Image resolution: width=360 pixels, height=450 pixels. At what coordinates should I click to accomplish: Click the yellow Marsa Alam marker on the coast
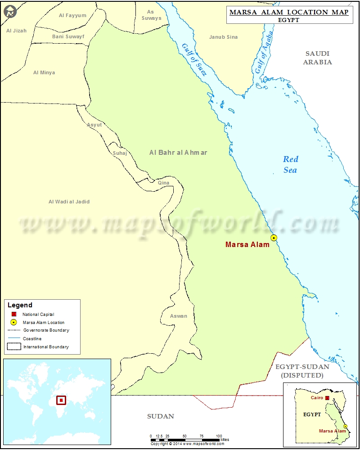coord(274,238)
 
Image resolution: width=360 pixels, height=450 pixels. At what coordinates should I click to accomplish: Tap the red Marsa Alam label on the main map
coord(247,245)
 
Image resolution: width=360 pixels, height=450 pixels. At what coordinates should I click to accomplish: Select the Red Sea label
coord(290,164)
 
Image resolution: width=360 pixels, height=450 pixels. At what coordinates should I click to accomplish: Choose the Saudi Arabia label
coord(317,58)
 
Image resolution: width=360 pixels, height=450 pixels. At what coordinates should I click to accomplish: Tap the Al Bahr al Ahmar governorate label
coord(178,153)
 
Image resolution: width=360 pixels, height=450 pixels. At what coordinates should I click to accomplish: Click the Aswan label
coord(178,316)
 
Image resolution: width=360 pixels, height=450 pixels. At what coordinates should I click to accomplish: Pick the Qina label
coord(163,183)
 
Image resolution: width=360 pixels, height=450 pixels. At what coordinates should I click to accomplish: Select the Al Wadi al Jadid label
coord(69,202)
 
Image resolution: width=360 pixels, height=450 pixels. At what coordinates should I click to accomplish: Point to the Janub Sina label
coord(223,37)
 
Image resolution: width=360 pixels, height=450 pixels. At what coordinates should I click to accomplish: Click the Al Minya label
coord(44,72)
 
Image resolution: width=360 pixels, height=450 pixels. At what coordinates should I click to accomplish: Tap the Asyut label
coord(94,125)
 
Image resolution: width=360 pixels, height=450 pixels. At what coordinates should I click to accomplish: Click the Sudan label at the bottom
coord(161,416)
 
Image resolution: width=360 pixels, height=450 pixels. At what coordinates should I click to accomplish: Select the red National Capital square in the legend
coord(14,314)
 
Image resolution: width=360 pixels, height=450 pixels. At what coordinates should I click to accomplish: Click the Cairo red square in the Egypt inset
coord(328,398)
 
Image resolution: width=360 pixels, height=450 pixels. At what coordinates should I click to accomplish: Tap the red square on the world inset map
coord(61,400)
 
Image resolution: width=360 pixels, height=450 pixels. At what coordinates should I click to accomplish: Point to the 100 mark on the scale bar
coord(219,436)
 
